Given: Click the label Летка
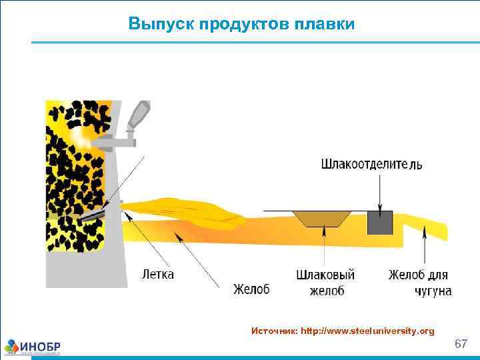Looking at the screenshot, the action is pyautogui.click(x=159, y=273).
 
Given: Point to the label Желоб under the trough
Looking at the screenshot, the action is pyautogui.click(x=251, y=289).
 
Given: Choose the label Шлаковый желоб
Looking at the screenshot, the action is pyautogui.click(x=325, y=283).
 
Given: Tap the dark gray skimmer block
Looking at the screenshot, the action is pyautogui.click(x=380, y=222).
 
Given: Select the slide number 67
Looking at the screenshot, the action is pyautogui.click(x=460, y=344).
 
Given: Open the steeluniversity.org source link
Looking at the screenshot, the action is pyautogui.click(x=367, y=331).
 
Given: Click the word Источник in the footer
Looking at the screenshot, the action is pyautogui.click(x=274, y=331).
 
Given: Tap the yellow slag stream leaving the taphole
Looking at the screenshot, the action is pyautogui.click(x=187, y=209).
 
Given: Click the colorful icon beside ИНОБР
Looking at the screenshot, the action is pyautogui.click(x=13, y=347).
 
